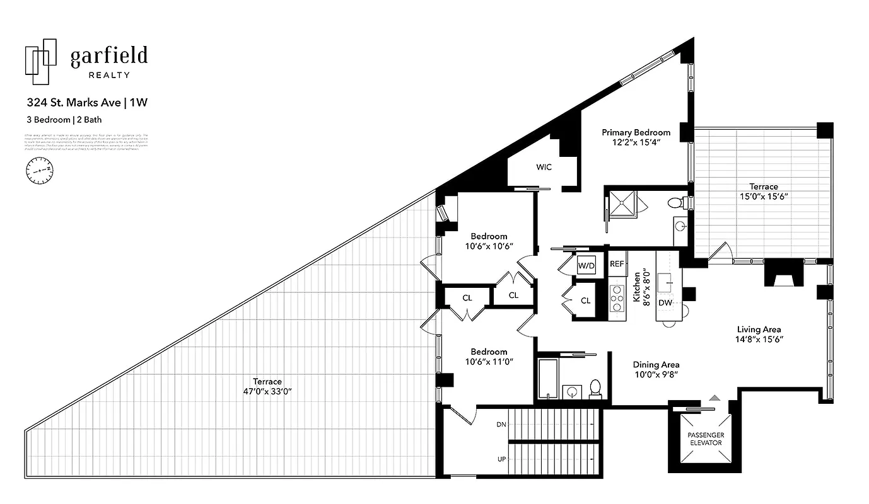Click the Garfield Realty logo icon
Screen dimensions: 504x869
click(x=41, y=61)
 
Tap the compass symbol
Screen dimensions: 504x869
click(x=39, y=170)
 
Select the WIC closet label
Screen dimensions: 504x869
click(x=544, y=167)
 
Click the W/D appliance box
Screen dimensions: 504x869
click(x=586, y=266)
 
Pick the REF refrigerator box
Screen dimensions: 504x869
click(x=616, y=264)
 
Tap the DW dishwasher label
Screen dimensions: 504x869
click(x=665, y=303)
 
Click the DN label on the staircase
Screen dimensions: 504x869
click(x=501, y=425)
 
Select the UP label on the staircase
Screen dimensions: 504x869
click(x=502, y=459)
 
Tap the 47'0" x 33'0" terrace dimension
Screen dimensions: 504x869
click(x=267, y=391)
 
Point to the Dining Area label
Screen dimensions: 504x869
click(x=656, y=364)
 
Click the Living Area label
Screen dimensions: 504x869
click(x=759, y=329)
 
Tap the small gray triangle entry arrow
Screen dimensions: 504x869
click(x=714, y=398)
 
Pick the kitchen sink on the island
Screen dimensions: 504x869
click(x=665, y=282)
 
